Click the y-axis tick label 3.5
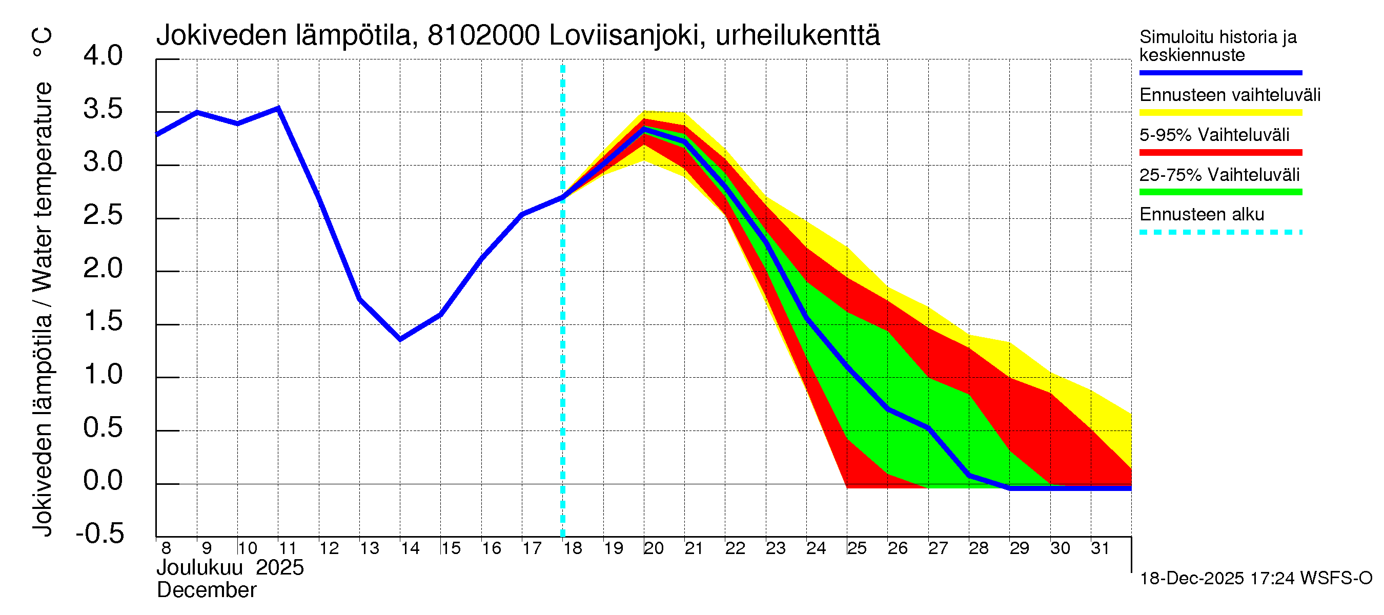(103, 110)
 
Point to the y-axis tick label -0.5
(100, 534)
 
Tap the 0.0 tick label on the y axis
(103, 480)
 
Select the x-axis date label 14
(410, 548)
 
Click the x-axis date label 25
(857, 548)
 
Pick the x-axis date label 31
(1100, 548)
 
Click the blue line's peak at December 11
(278, 109)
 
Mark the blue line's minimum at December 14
(400, 339)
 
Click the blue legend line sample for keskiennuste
(1220, 72)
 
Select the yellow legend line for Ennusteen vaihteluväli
(1220, 113)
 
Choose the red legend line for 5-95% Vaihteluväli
(1220, 153)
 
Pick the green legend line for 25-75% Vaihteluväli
(1220, 192)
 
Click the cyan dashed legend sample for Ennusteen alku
(1220, 233)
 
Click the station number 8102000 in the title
(483, 36)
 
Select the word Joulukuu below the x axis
(199, 568)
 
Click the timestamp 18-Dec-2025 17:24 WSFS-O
(1255, 579)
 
